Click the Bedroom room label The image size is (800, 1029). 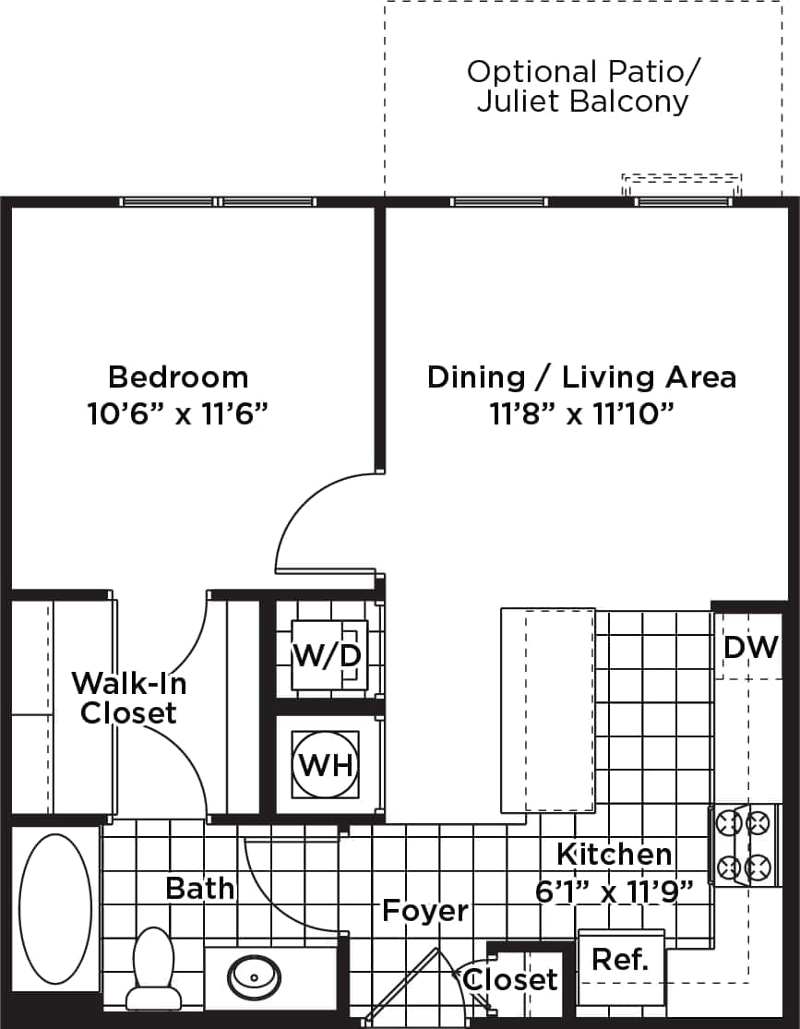click(178, 377)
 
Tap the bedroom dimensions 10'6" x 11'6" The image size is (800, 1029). click(178, 413)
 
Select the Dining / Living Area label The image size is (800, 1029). click(581, 377)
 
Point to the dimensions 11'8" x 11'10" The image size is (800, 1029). click(581, 413)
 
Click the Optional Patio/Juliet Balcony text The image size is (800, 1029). click(581, 86)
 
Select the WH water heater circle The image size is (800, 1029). click(326, 765)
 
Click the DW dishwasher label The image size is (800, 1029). click(750, 647)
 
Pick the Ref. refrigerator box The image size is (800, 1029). click(621, 959)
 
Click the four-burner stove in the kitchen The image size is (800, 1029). click(744, 844)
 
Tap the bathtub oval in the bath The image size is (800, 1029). click(55, 909)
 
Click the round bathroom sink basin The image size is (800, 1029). click(250, 973)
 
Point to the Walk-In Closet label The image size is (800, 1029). click(129, 698)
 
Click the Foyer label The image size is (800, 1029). click(425, 911)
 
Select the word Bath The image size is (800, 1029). click(199, 888)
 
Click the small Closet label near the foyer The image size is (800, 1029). click(510, 980)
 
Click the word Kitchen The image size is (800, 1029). click(615, 854)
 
